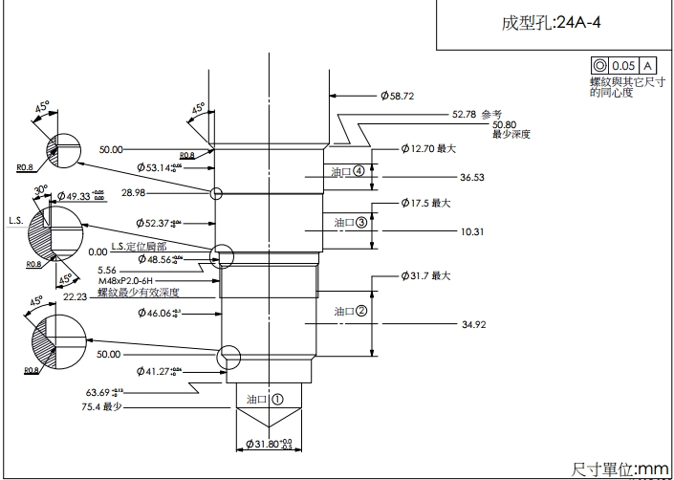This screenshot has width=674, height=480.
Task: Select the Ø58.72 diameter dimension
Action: click(x=397, y=96)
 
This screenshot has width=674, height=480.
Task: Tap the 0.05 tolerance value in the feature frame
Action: click(x=624, y=65)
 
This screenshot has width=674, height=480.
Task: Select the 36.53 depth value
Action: click(x=471, y=178)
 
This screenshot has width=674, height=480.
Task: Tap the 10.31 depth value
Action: click(x=472, y=231)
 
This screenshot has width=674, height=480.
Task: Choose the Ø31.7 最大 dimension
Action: click(x=425, y=275)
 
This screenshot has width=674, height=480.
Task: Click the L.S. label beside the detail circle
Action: click(x=15, y=221)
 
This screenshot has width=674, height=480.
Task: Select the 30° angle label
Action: click(x=42, y=189)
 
